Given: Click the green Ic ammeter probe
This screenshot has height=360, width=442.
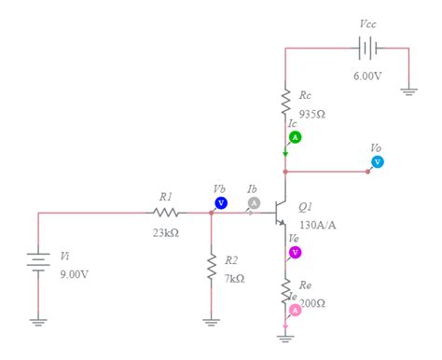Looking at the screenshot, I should tap(295, 137).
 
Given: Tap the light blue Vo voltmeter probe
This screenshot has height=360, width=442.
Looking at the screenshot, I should tap(378, 161).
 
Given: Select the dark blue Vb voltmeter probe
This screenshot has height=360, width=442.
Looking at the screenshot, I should tap(221, 202).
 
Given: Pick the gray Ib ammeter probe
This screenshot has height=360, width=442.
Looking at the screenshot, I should tap(253, 202).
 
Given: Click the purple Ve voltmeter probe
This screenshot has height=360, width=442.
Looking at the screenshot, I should tap(296, 252).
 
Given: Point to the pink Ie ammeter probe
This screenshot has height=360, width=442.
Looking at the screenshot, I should tap(295, 310).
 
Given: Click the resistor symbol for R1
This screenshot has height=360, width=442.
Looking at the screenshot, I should tap(167, 213).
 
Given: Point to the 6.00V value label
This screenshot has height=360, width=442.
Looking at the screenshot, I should tap(366, 76).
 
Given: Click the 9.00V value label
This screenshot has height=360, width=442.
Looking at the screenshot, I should tap(74, 274).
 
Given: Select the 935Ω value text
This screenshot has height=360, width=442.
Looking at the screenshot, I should tap(312, 114).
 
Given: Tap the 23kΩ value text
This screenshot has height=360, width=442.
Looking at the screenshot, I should tap(166, 232).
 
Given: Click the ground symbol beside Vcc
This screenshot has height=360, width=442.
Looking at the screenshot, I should tap(408, 91).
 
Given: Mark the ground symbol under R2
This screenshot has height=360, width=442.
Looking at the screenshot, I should tap(212, 322).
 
